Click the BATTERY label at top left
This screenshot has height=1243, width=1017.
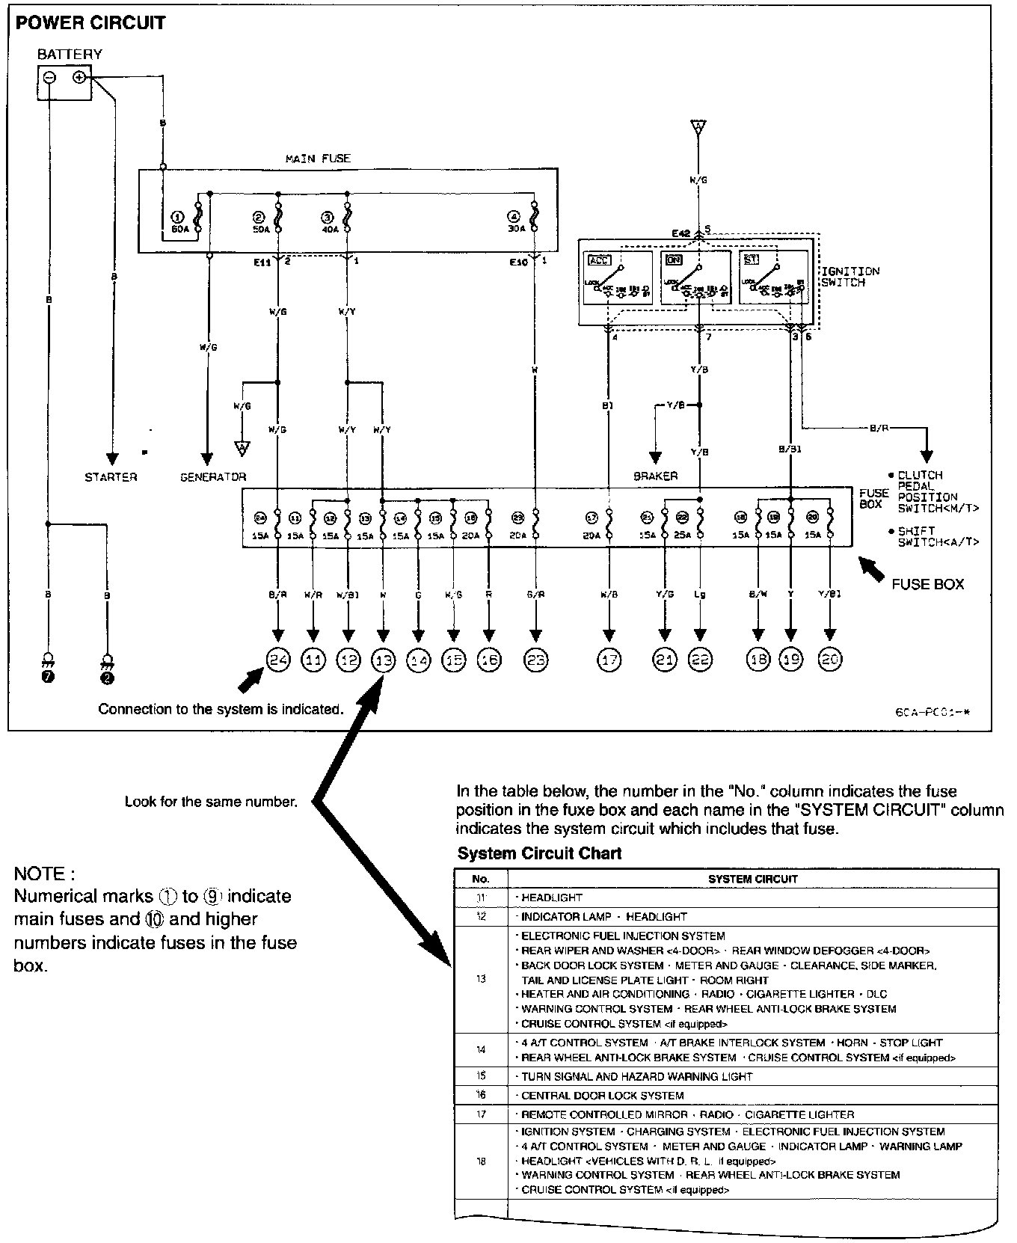coord(70,55)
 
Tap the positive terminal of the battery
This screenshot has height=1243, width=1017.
coord(79,78)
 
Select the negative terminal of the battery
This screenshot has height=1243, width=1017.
coord(49,78)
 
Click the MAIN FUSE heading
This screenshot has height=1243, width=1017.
coord(318,159)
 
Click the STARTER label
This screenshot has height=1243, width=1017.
coord(111,477)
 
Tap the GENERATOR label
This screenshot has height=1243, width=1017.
coord(213,477)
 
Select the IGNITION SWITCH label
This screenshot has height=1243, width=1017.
coord(850,277)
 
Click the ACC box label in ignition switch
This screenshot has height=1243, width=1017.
coord(599,260)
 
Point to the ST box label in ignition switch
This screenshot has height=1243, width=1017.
coord(751,260)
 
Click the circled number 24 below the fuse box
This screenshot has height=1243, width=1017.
coord(278,659)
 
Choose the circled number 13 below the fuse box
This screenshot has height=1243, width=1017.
coord(383,659)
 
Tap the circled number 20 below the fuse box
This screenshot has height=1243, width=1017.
coord(830,659)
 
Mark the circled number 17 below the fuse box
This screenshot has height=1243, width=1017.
coord(609,659)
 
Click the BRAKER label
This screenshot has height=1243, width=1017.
coord(656,476)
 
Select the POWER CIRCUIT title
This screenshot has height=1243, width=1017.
coord(90,22)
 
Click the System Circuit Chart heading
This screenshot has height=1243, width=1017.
coord(539,853)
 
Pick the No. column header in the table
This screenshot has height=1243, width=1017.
coord(481,879)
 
